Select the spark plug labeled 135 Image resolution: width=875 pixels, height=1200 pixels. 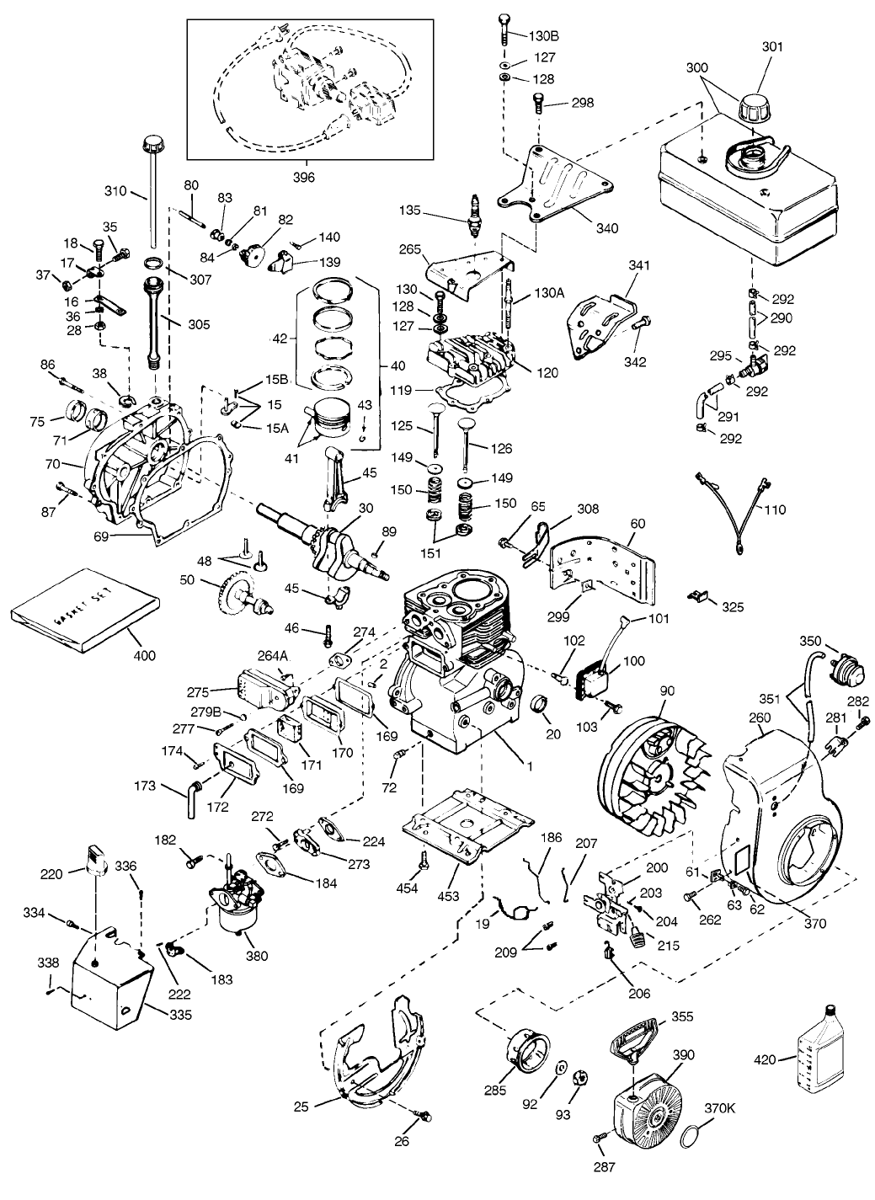click(477, 207)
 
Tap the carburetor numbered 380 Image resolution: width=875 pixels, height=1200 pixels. click(236, 904)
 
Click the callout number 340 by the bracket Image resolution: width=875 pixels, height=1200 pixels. click(606, 228)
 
